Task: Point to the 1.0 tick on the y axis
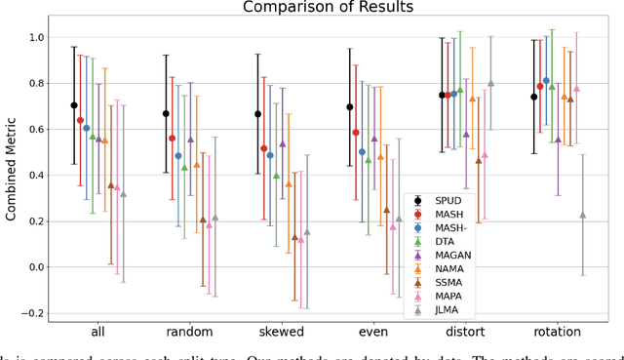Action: pos(36,37)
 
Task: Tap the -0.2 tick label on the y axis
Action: pos(33,313)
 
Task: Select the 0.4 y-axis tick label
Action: pos(36,176)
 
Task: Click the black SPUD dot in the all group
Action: pos(74,105)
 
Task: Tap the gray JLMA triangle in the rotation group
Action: pos(583,216)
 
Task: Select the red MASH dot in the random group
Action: pos(173,139)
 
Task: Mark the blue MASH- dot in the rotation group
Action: pos(546,80)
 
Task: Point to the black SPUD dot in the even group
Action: pos(350,106)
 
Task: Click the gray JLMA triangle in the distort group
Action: pos(490,84)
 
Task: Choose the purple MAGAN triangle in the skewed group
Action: pos(283,144)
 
